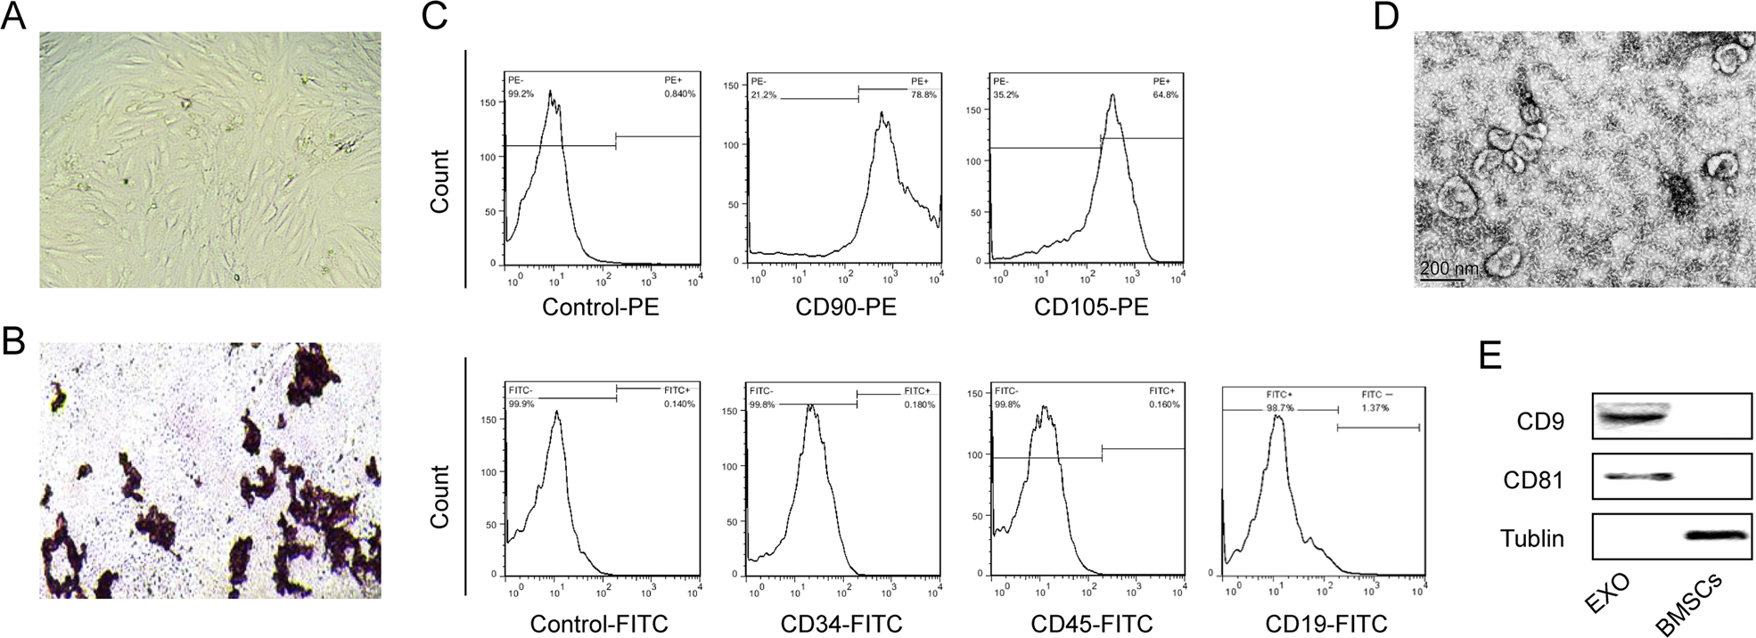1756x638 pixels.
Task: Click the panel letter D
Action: pyautogui.click(x=1387, y=16)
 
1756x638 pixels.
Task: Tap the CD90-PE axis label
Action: pyautogui.click(x=846, y=308)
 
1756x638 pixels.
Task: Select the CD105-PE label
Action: pyautogui.click(x=1091, y=308)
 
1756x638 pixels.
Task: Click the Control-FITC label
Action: pyautogui.click(x=599, y=624)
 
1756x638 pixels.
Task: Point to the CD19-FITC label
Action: pyautogui.click(x=1326, y=624)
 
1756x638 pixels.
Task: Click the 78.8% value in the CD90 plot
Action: pyautogui.click(x=923, y=94)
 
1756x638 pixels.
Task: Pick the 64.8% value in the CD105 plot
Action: pyautogui.click(x=1166, y=94)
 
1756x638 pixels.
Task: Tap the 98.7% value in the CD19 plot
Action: pyautogui.click(x=1280, y=407)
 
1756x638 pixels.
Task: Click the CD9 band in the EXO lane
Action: pyautogui.click(x=1630, y=415)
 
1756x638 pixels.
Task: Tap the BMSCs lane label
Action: pyautogui.click(x=1689, y=606)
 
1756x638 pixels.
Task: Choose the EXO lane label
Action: pyautogui.click(x=1608, y=594)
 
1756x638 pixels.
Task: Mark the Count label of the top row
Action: pyautogui.click(x=439, y=181)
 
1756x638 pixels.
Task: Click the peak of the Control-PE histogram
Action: pyautogui.click(x=551, y=91)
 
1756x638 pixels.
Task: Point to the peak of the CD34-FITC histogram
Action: pyautogui.click(x=810, y=405)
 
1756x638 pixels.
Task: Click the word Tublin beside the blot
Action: pyautogui.click(x=1531, y=538)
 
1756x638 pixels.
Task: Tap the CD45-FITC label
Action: pyautogui.click(x=1091, y=624)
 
